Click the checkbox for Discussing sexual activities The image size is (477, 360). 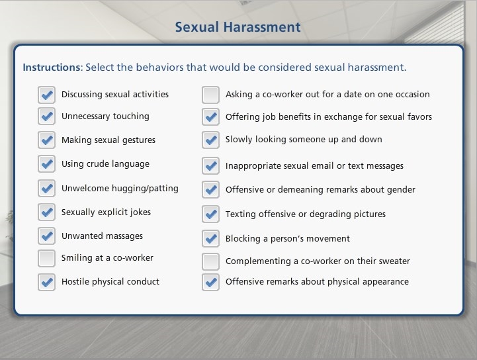(46, 95)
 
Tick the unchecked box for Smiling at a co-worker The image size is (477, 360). (46, 258)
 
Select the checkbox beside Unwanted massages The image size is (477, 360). (46, 236)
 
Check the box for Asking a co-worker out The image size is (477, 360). (210, 95)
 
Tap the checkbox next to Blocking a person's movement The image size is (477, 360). (210, 238)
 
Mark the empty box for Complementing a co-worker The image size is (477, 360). (210, 261)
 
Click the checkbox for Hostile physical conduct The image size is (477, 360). (46, 282)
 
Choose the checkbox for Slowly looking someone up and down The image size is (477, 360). (210, 140)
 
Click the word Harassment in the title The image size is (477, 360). (262, 26)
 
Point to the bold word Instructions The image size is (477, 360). (52, 67)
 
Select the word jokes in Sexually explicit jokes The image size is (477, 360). (140, 212)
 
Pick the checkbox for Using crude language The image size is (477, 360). (46, 164)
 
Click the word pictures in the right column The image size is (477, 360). (370, 214)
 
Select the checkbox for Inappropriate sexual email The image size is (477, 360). (210, 166)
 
